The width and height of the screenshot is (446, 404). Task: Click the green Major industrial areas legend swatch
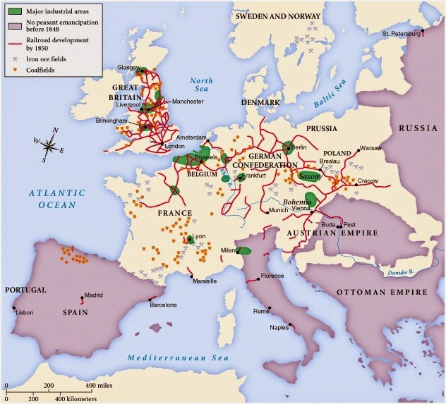[13, 11]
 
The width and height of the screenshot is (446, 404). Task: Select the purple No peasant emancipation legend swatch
[13, 25]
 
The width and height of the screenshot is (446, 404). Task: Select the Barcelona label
[167, 305]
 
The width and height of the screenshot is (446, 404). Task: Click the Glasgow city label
[130, 67]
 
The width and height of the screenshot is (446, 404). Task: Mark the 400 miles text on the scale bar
[101, 386]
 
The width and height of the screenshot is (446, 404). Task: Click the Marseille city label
[201, 281]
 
